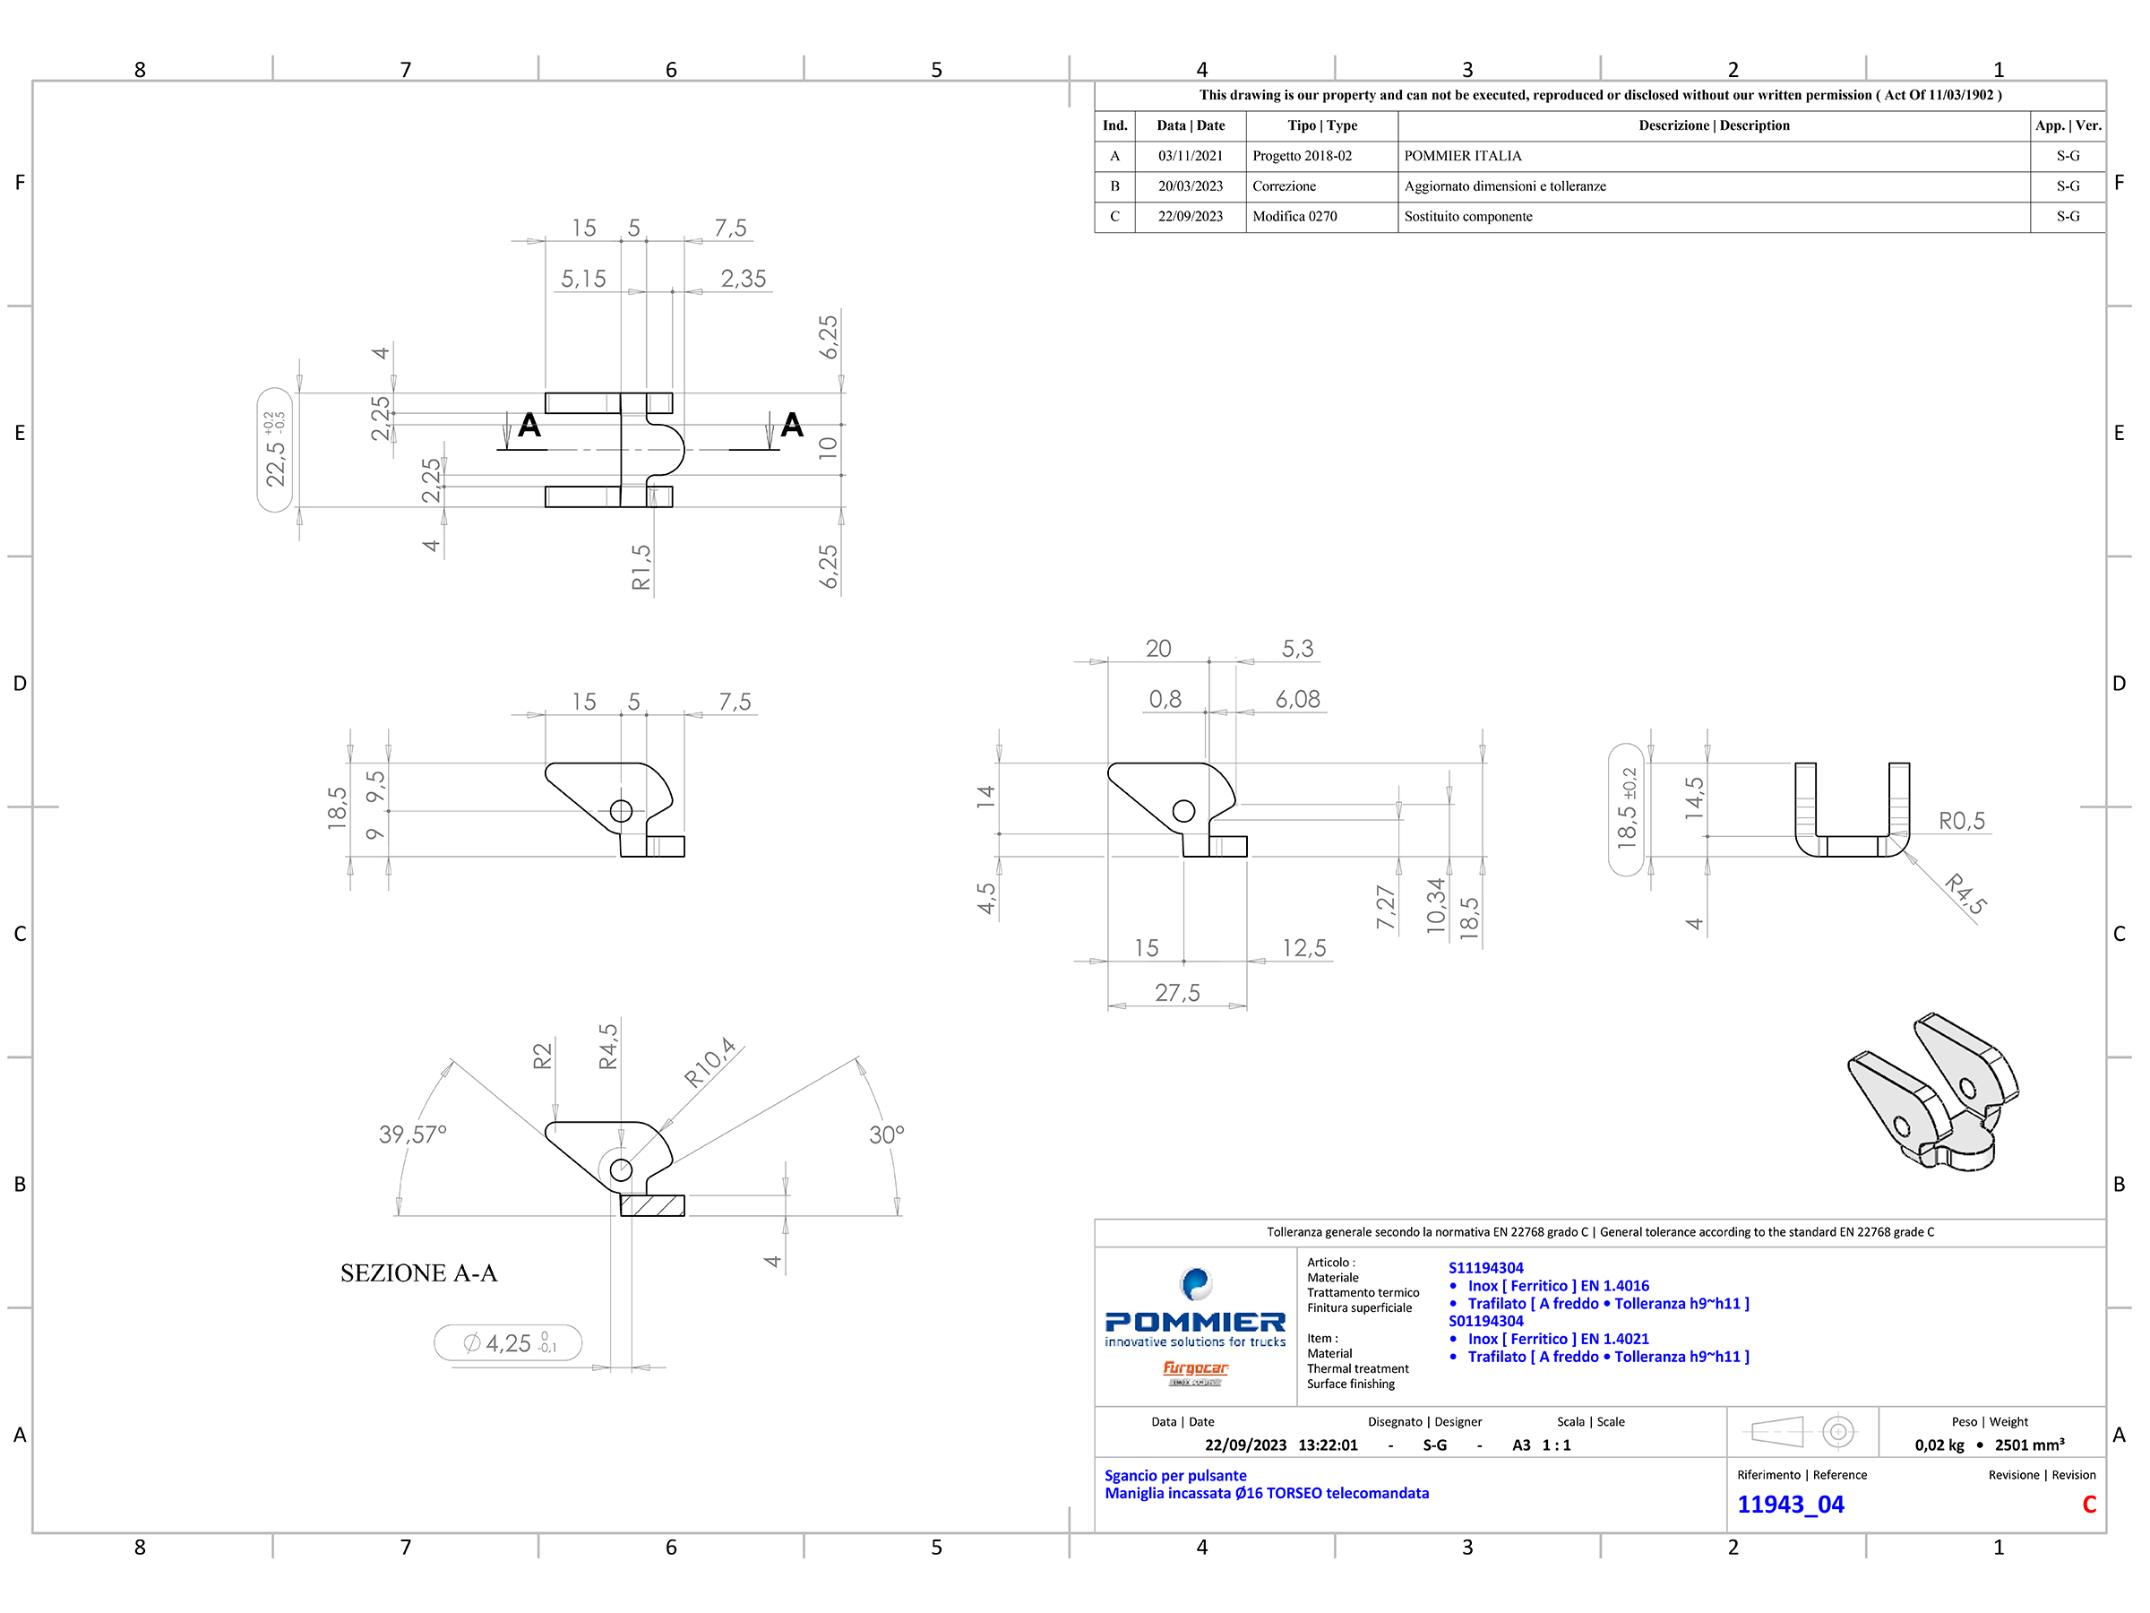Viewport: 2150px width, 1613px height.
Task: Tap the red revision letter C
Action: (2089, 1504)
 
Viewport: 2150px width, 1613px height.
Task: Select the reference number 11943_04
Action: (1791, 1504)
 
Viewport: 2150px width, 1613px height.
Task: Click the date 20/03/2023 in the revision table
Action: (1190, 185)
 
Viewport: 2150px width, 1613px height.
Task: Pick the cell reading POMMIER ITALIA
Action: (1463, 156)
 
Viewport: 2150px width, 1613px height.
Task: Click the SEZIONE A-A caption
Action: (418, 1272)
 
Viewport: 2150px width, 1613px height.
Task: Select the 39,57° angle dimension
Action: (412, 1134)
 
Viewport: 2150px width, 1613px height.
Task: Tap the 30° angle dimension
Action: (887, 1134)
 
